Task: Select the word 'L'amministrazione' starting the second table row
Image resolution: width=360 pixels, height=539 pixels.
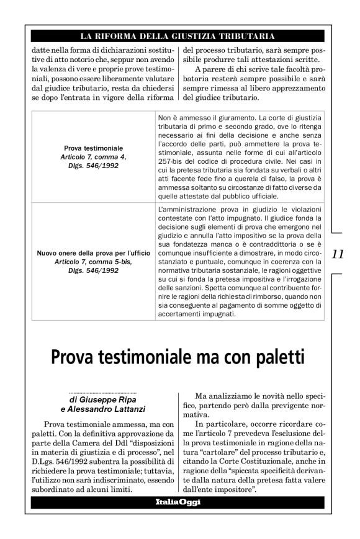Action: [186, 212]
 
